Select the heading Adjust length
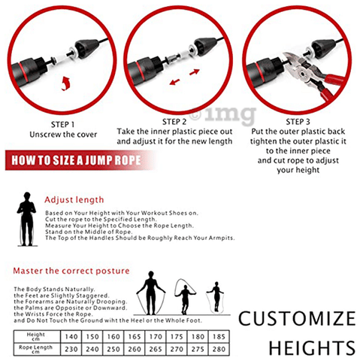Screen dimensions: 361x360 click(74, 200)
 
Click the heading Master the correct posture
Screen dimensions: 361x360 click(71, 271)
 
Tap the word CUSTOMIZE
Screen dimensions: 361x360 click(297, 318)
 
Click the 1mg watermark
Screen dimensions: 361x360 click(233, 115)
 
